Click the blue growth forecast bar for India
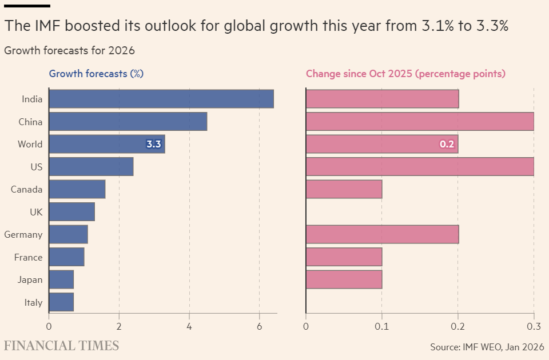[161, 99]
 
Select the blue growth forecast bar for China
[128, 122]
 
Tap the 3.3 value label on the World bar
[154, 144]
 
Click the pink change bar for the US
[420, 166]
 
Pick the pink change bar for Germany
[382, 234]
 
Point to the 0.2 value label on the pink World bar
[447, 144]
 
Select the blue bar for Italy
[61, 302]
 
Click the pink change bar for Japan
[344, 279]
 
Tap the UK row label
[36, 212]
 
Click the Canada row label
[26, 189]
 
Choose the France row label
[29, 257]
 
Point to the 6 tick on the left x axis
[259, 326]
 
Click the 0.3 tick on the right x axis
[534, 326]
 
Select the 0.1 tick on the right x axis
[382, 326]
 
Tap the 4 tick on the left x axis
[189, 326]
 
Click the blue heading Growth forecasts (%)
[96, 74]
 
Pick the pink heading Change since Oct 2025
[405, 74]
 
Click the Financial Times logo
[62, 346]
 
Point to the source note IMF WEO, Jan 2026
[487, 346]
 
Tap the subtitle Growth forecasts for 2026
[69, 50]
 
